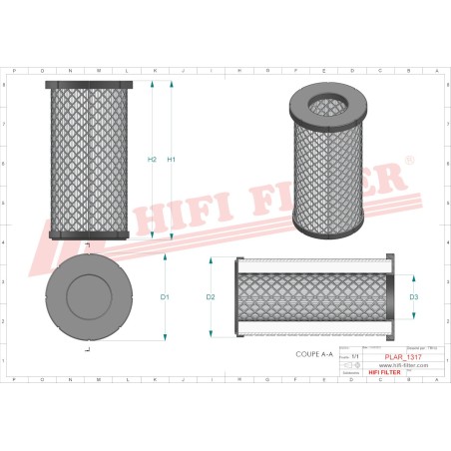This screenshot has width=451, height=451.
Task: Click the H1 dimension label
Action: [172, 160]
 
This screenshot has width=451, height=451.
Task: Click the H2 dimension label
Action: [152, 160]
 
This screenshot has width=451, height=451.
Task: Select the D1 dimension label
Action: [165, 297]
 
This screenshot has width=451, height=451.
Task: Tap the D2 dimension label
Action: [211, 297]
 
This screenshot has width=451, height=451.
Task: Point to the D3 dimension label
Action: [414, 297]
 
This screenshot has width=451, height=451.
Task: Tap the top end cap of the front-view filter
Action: [89, 86]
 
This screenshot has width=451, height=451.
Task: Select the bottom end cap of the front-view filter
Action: [89, 234]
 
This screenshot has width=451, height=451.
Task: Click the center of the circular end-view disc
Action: [89, 297]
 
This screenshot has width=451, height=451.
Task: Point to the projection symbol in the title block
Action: [355, 366]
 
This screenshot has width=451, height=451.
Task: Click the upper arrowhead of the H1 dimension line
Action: [172, 88]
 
